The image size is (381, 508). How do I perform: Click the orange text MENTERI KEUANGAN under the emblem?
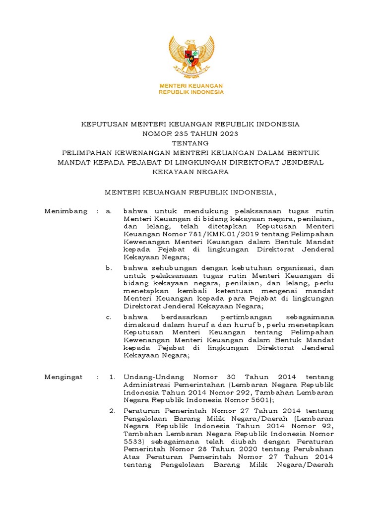tap(190, 86)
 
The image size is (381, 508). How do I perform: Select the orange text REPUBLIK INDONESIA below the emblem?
tap(190, 92)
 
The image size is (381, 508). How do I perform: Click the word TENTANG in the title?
tap(190, 143)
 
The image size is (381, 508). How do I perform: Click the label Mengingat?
tap(64, 378)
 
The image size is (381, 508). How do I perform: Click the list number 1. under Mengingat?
tap(112, 378)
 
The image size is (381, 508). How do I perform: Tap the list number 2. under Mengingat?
tap(112, 411)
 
